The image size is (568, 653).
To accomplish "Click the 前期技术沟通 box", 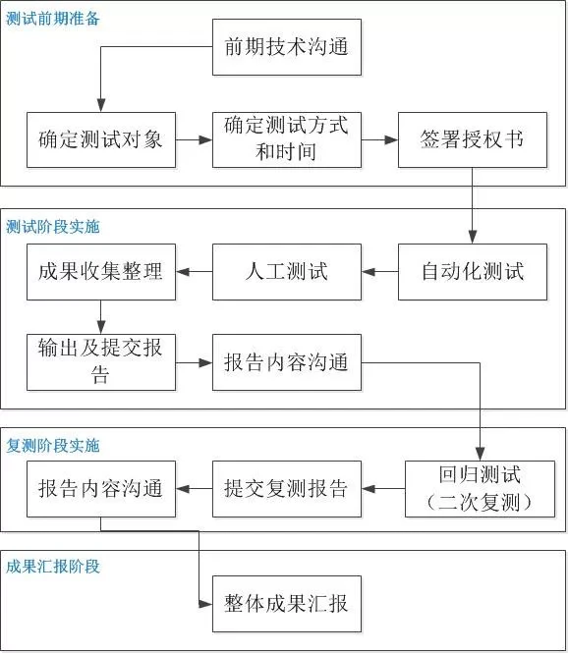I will pyautogui.click(x=286, y=46).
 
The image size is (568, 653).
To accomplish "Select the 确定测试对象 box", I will pyautogui.click(x=100, y=139).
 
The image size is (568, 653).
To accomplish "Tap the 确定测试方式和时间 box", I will pyautogui.click(x=286, y=139).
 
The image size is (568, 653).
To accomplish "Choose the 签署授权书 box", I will pyautogui.click(x=473, y=139).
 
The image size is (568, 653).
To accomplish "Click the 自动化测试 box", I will pyautogui.click(x=473, y=271).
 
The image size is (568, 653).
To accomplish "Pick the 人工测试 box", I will pyautogui.click(x=286, y=271).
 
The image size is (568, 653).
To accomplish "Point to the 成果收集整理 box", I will pyautogui.click(x=100, y=271).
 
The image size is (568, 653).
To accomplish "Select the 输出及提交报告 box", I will pyautogui.click(x=100, y=361).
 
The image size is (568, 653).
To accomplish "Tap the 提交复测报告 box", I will pyautogui.click(x=286, y=488).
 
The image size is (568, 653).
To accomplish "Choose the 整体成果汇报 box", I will pyautogui.click(x=286, y=602).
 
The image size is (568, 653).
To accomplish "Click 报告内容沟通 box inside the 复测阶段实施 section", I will pyautogui.click(x=100, y=488).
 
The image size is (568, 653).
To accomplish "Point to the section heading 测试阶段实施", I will pyautogui.click(x=53, y=227).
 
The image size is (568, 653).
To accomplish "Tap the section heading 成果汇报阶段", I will pyautogui.click(x=53, y=567).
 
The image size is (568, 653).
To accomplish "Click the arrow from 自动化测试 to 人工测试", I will pyautogui.click(x=379, y=272).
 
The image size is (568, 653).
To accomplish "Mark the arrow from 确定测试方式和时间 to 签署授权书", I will pyautogui.click(x=379, y=139).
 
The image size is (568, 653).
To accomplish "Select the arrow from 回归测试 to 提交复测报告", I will pyautogui.click(x=382, y=488).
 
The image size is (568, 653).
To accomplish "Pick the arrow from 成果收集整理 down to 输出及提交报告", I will pyautogui.click(x=100, y=316).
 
